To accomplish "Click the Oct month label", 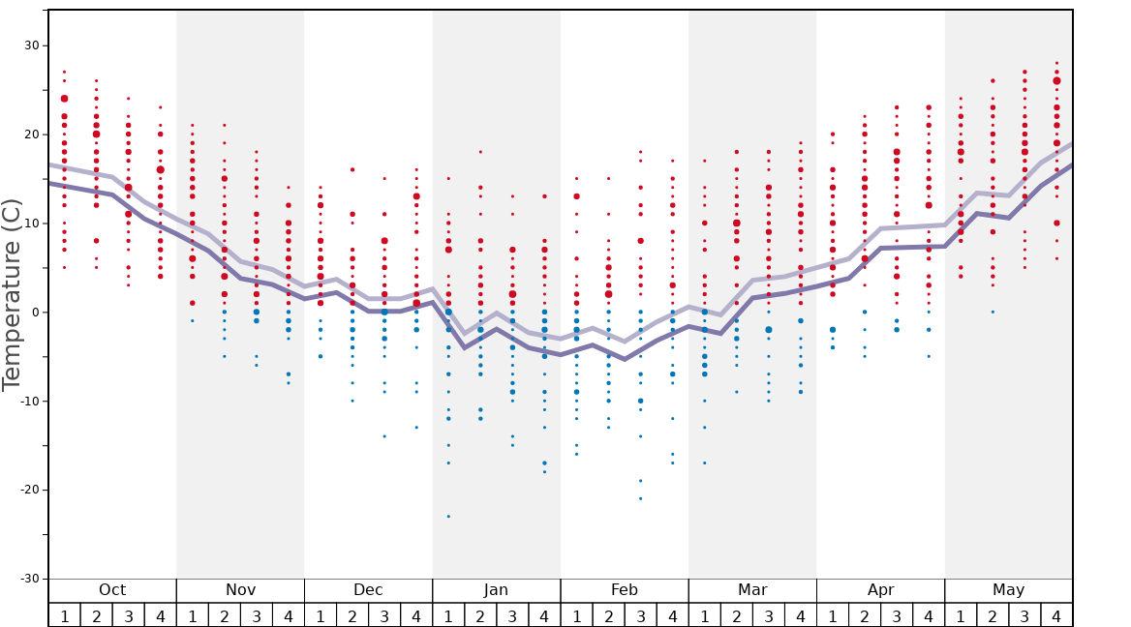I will (112, 590).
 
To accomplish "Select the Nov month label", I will (240, 590).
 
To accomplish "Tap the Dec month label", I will (368, 590).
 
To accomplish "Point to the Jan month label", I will (496, 590).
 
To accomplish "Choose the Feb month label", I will (625, 590).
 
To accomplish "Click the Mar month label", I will (752, 590).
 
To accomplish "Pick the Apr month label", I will (880, 590).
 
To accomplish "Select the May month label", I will (1008, 590).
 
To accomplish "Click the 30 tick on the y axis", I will (31, 45).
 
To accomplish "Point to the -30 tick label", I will (28, 579).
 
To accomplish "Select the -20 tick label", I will (28, 490).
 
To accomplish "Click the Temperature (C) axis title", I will (12, 294).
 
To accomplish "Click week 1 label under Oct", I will (65, 616).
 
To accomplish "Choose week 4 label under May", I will (1056, 616).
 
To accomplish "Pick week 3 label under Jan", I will (512, 616).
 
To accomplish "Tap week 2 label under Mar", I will (737, 616).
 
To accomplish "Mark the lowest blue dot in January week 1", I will (448, 517).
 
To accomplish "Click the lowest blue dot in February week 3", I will (640, 498).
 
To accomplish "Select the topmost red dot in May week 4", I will (1056, 63).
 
